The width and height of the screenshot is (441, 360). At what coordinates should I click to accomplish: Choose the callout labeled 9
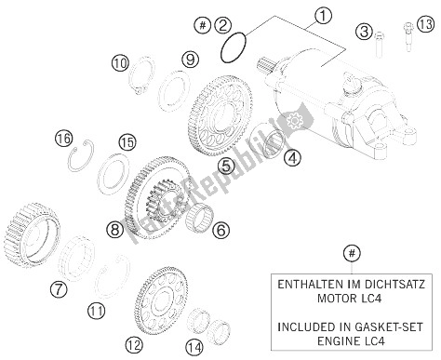point(190,60)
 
